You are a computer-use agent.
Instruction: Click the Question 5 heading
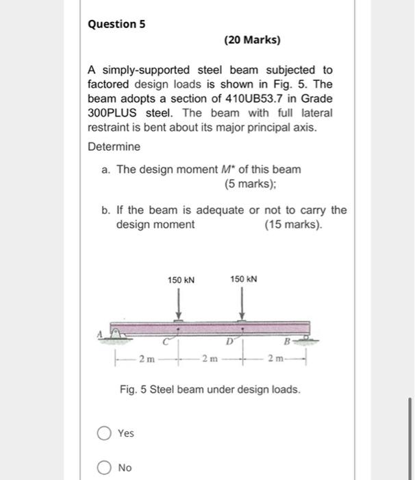116,24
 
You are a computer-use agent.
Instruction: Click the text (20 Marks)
252,40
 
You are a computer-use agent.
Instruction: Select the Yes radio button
104,433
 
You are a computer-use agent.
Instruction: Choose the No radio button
104,468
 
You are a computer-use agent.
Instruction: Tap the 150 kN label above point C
181,280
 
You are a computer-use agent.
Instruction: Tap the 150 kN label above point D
243,280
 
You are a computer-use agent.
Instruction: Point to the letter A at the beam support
99,333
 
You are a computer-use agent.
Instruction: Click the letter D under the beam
229,338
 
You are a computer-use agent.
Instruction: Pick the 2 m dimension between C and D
210,358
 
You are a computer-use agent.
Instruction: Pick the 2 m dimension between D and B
273,358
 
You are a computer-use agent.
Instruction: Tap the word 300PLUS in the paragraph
114,112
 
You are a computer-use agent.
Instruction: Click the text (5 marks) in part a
249,184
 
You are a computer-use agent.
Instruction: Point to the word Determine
114,147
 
